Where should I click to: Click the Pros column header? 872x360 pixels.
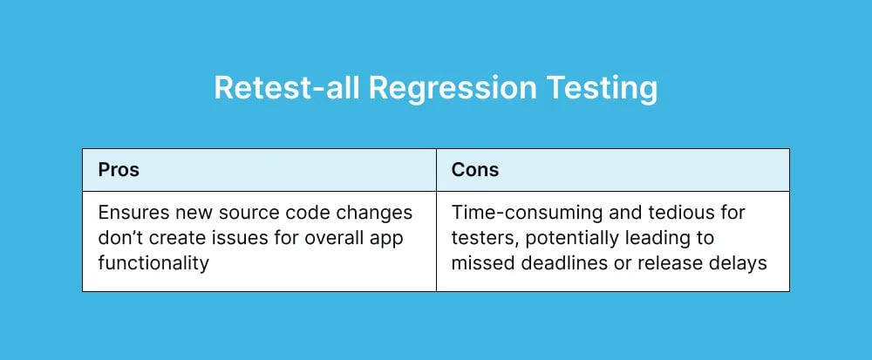[x=118, y=170]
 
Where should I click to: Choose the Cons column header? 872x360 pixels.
[x=474, y=170]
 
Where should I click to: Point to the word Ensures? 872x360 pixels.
[x=130, y=214]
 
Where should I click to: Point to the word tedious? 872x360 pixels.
[x=653, y=214]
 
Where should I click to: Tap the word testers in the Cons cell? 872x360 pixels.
[x=478, y=238]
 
